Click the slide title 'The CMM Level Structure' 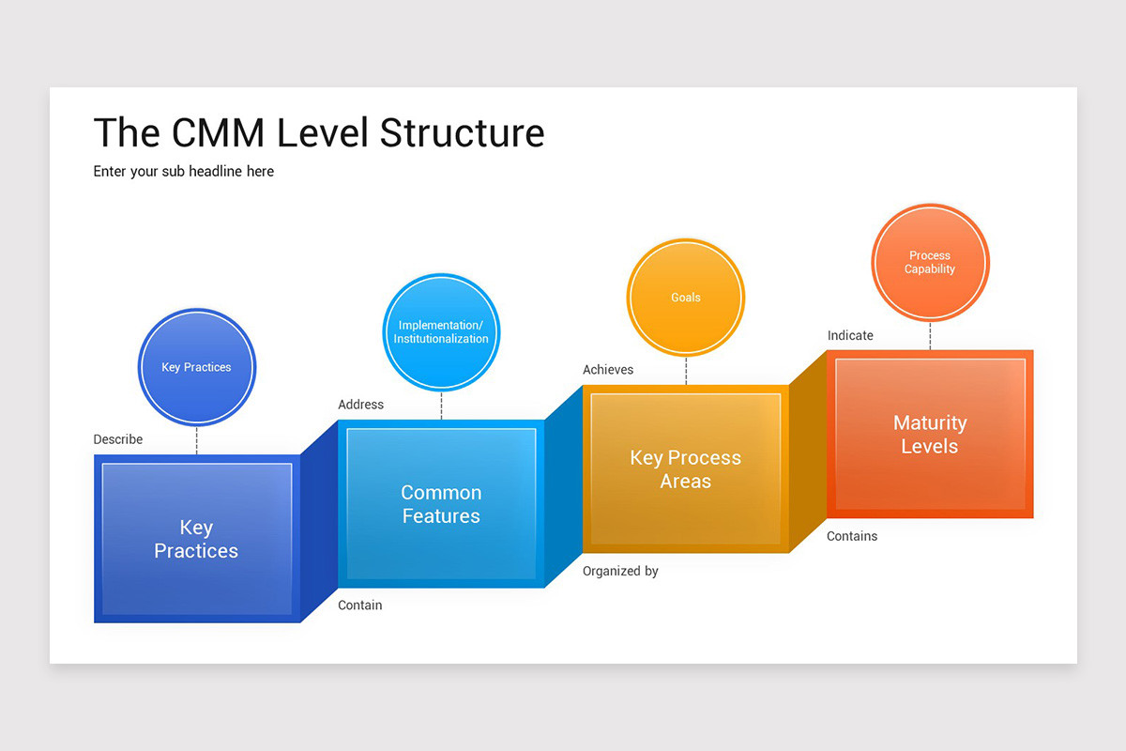(319, 132)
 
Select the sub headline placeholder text (184, 171)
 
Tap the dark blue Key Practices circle (196, 367)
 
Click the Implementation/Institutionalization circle (441, 332)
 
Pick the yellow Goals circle (685, 298)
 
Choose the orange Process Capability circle (930, 263)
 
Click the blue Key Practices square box (196, 539)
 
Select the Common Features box (441, 504)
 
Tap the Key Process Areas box (685, 469)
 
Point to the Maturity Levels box (930, 435)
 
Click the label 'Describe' (118, 439)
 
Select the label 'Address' (361, 405)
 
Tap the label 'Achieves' (608, 370)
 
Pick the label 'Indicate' (850, 335)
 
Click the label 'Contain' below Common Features (360, 605)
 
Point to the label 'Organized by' (620, 571)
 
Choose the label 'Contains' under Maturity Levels (852, 536)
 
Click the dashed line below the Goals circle (686, 371)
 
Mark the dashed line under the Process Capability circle (930, 336)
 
